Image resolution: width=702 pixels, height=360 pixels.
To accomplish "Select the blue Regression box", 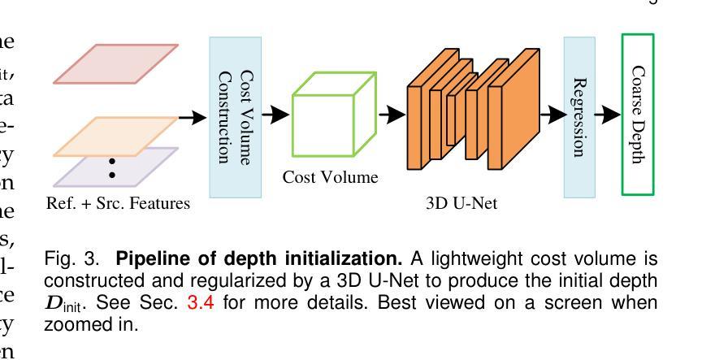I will click(x=579, y=116).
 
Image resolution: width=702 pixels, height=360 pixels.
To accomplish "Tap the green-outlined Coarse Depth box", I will click(x=638, y=114).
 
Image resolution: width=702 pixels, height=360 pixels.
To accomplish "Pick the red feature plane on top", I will click(x=115, y=63).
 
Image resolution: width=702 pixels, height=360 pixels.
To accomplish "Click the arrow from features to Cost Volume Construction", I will click(x=193, y=118).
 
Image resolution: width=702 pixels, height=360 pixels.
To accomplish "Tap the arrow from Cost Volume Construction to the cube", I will click(x=276, y=115).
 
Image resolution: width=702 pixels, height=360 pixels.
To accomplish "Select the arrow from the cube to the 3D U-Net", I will click(x=393, y=115).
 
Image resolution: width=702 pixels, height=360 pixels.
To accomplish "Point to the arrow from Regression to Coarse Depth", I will click(x=609, y=115).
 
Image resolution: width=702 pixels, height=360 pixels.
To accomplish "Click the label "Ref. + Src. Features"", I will click(x=119, y=204).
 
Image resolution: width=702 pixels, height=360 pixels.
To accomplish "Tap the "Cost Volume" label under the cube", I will click(x=330, y=177).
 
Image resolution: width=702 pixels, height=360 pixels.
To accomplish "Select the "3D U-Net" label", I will click(x=462, y=204).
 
